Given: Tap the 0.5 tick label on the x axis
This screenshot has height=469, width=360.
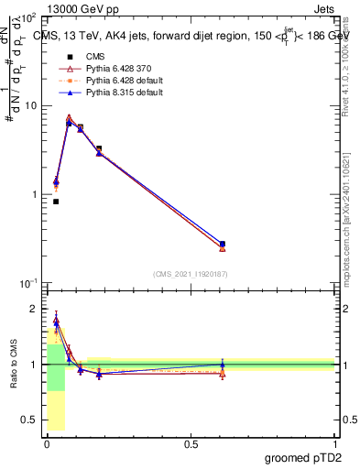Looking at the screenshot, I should (191, 442).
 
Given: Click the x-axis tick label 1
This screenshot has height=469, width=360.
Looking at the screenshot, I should (334, 442).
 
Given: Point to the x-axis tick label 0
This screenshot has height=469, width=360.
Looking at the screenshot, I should (47, 442).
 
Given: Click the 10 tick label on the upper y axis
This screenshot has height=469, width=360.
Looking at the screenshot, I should (30, 106).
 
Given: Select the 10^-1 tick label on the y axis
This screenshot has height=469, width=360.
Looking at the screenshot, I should (28, 283).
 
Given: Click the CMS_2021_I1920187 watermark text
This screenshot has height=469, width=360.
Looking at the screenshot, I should (191, 274).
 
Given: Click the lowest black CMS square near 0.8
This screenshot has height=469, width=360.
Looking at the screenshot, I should (56, 202).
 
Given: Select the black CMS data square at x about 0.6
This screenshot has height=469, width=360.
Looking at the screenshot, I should (223, 244).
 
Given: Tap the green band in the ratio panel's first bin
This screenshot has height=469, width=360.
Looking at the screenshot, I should (56, 366).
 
